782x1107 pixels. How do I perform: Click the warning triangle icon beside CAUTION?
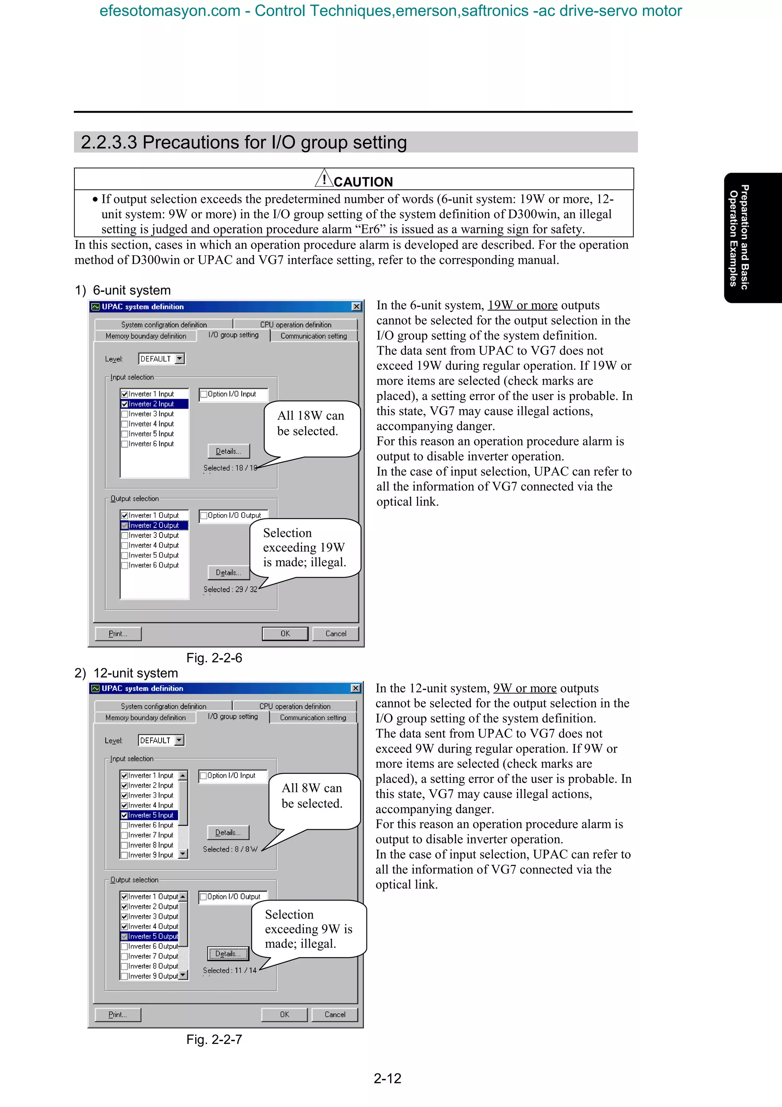click(324, 179)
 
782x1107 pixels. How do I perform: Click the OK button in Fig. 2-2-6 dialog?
click(285, 634)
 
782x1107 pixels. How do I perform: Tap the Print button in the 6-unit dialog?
click(118, 634)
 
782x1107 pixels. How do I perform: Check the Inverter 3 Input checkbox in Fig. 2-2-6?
click(125, 414)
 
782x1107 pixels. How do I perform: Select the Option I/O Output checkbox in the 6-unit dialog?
click(204, 515)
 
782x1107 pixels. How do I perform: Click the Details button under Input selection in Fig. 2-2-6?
click(228, 451)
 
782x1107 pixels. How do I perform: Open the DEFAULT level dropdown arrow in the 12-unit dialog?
click(179, 740)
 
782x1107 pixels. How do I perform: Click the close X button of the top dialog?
click(356, 307)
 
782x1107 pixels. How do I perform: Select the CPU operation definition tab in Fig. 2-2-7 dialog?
click(295, 706)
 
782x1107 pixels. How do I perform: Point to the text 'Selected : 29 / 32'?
click(230, 589)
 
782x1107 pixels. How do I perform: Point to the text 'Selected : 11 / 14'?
click(230, 971)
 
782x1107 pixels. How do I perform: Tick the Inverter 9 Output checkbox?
click(124, 976)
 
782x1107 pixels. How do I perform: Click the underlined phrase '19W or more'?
click(522, 305)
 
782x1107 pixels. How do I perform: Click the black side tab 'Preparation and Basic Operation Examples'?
click(753, 237)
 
